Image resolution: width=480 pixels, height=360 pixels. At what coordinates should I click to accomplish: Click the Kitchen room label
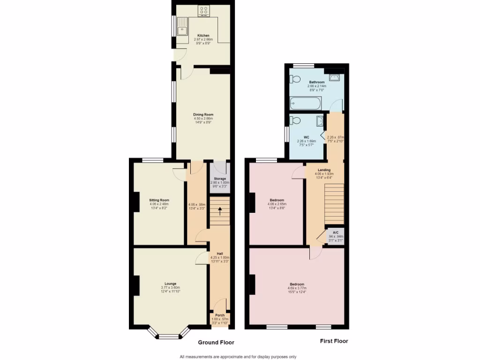[203, 36]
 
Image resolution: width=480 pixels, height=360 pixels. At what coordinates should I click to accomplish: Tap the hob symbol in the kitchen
[204, 11]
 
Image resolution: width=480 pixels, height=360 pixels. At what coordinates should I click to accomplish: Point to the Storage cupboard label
[220, 179]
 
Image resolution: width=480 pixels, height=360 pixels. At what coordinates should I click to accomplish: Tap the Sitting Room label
[159, 200]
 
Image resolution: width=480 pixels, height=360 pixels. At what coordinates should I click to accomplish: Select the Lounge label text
[170, 284]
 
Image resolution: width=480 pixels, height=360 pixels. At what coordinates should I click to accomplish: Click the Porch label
[219, 315]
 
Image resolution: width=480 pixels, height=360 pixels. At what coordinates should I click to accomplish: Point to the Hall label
[219, 253]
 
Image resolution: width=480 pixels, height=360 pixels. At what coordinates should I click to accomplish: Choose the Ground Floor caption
[216, 343]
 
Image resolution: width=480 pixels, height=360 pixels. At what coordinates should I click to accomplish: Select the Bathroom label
[316, 82]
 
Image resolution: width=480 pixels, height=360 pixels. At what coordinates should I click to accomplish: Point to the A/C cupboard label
[336, 232]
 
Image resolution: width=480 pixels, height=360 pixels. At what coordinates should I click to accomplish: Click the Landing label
[324, 170]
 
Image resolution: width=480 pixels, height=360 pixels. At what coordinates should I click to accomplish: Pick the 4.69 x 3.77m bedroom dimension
[297, 289]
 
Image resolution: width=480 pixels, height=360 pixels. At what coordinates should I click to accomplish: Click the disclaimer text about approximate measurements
[238, 356]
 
